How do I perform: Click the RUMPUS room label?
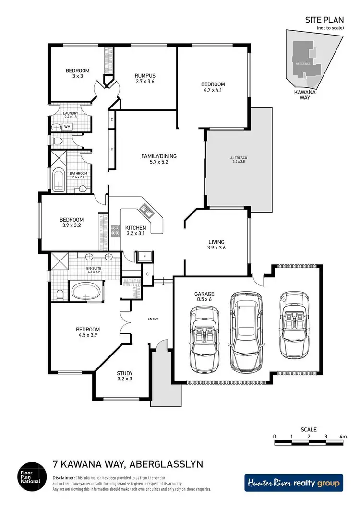click(145, 75)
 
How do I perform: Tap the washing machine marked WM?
click(67, 127)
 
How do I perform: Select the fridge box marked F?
click(144, 256)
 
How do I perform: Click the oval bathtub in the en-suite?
click(86, 291)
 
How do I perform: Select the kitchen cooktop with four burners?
click(115, 231)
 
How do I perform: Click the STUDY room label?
click(125, 373)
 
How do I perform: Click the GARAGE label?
click(204, 294)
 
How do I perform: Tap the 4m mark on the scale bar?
click(343, 437)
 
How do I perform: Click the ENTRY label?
click(153, 319)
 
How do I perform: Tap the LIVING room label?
click(216, 242)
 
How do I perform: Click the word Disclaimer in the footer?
click(63, 478)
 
